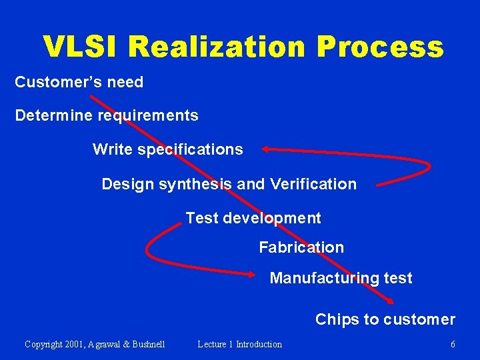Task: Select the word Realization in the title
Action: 217,47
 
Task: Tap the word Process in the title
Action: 379,47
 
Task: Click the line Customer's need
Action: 79,82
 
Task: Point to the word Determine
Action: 54,115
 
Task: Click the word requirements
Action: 148,116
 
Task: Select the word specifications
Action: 190,149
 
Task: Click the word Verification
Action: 313,184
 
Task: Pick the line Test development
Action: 253,218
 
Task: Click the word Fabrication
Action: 301,247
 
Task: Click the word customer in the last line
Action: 420,319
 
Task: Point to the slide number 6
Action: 453,344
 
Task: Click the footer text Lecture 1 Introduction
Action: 239,344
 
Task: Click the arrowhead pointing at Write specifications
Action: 265,149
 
